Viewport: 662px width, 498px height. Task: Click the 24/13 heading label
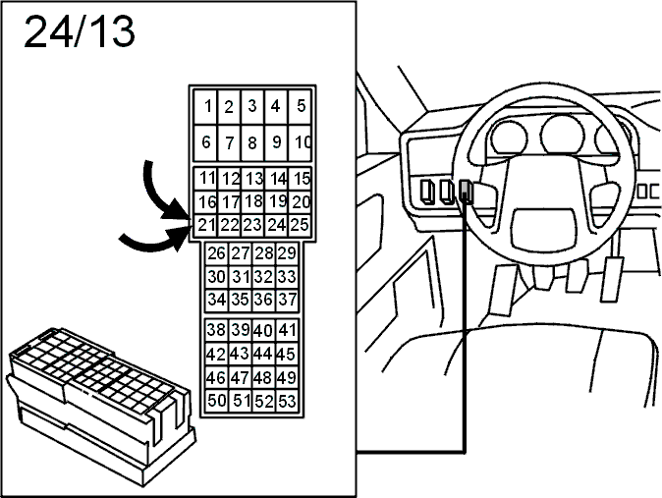tap(80, 31)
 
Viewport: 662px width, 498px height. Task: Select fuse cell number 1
tap(205, 106)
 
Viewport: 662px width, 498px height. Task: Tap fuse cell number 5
tap(300, 106)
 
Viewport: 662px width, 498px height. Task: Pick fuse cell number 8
tap(252, 142)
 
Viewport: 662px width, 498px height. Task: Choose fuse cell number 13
tap(252, 179)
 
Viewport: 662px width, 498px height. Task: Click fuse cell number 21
tap(205, 225)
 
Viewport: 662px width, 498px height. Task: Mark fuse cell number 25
tap(300, 225)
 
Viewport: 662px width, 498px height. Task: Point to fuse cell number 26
tap(216, 253)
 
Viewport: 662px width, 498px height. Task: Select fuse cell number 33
tap(287, 277)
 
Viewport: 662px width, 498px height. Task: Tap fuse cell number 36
tap(263, 301)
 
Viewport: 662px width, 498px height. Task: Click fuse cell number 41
tap(287, 330)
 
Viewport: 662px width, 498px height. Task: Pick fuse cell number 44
tap(263, 354)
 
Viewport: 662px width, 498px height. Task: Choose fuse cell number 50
tap(217, 401)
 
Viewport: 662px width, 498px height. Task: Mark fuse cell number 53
tap(287, 401)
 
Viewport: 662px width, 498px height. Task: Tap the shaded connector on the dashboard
tap(466, 191)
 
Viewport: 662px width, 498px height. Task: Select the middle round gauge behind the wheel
tap(562, 136)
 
